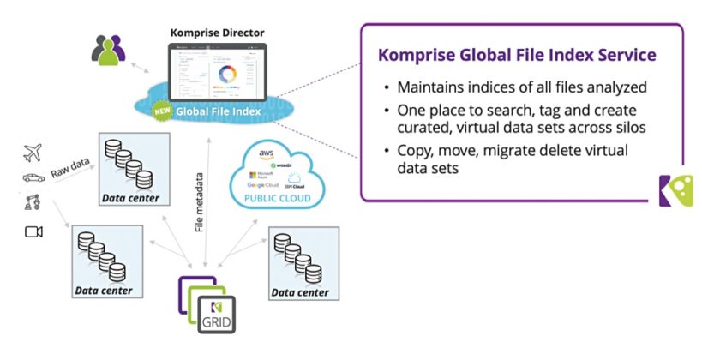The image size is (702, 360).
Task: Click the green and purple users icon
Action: [x=108, y=52]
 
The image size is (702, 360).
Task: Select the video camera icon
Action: [x=33, y=231]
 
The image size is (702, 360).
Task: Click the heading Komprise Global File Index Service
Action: [x=517, y=55]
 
